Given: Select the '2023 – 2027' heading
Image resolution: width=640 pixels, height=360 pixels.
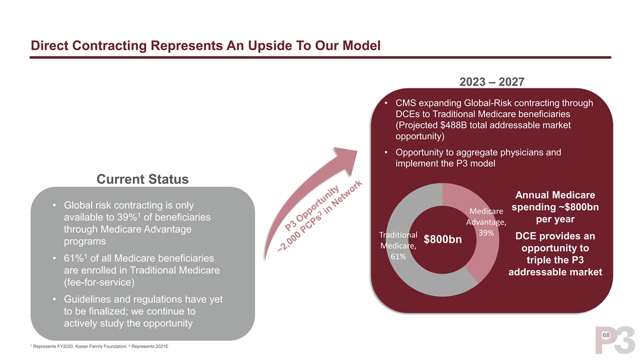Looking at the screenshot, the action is pyautogui.click(x=492, y=82).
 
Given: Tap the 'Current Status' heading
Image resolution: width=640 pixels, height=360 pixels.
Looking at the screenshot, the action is pyautogui.click(x=142, y=179).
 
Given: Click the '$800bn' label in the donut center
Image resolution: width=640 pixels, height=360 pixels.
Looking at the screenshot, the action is pyautogui.click(x=442, y=239).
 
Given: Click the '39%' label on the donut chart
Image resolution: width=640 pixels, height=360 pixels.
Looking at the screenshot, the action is pyautogui.click(x=486, y=233).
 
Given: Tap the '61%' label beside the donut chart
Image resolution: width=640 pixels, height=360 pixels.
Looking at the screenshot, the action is pyautogui.click(x=398, y=256).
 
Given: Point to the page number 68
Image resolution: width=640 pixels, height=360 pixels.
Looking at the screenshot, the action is pyautogui.click(x=606, y=335).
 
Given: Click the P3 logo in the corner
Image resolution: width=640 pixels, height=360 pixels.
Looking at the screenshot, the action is pyautogui.click(x=614, y=340).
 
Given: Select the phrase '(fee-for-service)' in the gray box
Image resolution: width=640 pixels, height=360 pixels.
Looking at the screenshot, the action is pyautogui.click(x=99, y=282).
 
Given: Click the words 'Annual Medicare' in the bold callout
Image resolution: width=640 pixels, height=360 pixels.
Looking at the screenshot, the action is pyautogui.click(x=555, y=195).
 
